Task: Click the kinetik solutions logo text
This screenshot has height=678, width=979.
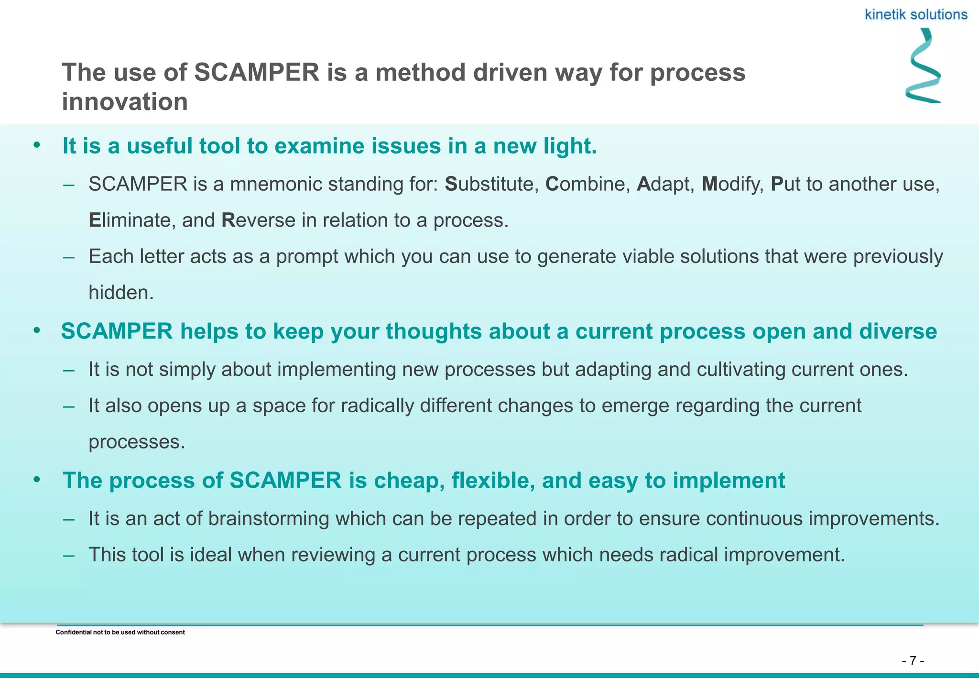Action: click(916, 15)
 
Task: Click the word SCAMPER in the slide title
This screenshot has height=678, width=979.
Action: click(257, 73)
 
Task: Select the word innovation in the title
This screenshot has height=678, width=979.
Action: click(125, 102)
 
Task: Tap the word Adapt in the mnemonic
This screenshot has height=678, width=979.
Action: click(665, 184)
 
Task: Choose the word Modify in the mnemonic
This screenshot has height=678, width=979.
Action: click(732, 184)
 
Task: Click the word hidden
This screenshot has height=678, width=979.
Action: click(121, 293)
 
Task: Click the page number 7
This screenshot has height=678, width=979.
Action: click(913, 661)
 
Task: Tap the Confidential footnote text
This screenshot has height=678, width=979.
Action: click(120, 632)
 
